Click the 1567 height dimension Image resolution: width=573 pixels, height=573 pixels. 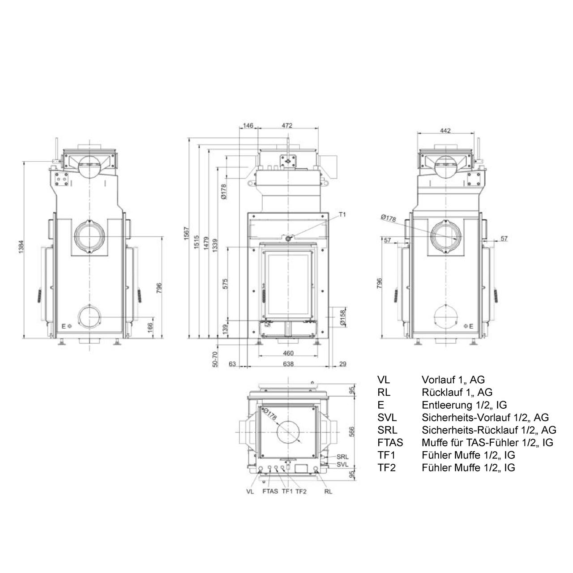pos(186,233)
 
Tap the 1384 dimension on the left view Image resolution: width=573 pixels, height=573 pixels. pos(21,247)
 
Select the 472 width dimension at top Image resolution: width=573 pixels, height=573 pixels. pos(287,125)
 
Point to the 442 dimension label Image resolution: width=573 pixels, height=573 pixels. pos(445,131)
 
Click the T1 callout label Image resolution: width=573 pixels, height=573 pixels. pos(342,214)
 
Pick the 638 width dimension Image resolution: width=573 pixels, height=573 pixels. pos(288,364)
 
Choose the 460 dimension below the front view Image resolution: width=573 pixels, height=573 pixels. pos(288,353)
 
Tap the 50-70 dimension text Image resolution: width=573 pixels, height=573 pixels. pos(215,359)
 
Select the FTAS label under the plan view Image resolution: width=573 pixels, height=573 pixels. pos(270,492)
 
